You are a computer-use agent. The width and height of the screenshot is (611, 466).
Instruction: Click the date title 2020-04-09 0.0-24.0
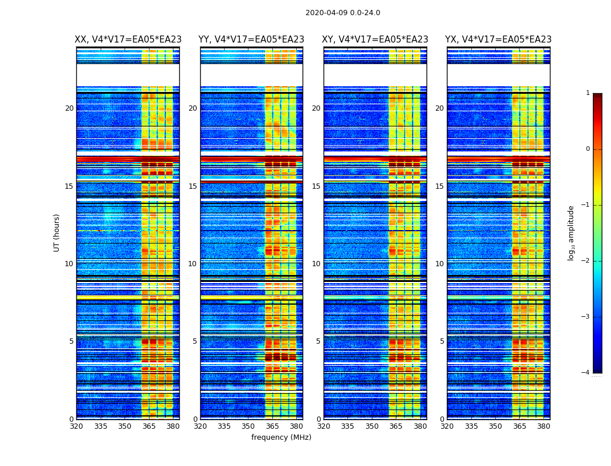[343, 13]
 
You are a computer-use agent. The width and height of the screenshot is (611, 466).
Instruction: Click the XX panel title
[128, 40]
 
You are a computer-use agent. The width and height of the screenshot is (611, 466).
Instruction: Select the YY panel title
[251, 40]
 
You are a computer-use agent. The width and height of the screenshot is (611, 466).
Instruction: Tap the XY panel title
[375, 40]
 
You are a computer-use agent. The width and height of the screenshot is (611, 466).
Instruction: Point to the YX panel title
[498, 40]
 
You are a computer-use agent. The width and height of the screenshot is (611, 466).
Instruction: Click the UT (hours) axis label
[57, 232]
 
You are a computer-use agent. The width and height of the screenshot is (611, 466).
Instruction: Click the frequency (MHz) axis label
[281, 437]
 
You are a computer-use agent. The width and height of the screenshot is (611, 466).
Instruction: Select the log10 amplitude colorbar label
[571, 232]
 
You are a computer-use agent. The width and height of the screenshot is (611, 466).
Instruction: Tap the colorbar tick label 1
[587, 93]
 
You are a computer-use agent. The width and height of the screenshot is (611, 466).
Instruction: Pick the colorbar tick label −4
[585, 373]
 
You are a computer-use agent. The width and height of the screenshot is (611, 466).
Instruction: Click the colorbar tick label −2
[585, 261]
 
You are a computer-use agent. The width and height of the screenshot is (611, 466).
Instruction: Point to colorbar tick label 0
[587, 149]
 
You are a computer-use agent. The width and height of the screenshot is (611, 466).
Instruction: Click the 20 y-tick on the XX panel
[69, 108]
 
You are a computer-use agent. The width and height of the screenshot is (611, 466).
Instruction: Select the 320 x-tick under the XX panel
[76, 426]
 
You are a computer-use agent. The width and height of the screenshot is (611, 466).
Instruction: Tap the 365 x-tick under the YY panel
[272, 426]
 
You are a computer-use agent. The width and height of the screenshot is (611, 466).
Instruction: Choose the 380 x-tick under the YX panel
[543, 426]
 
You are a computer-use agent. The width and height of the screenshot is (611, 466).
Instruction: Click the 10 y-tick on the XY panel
[316, 264]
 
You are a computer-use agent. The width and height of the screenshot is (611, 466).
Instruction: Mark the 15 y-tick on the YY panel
[193, 186]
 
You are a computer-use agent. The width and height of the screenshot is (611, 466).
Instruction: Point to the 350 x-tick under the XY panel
[372, 426]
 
